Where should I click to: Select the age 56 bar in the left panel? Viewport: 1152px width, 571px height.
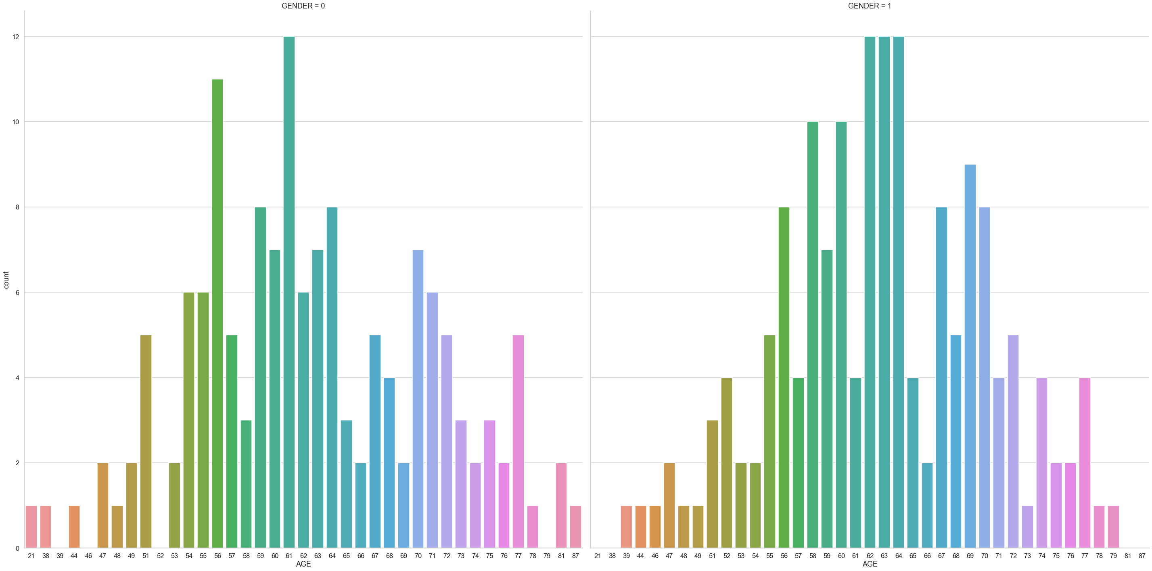tap(217, 313)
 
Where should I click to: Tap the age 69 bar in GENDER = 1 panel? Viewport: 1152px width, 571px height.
tap(970, 356)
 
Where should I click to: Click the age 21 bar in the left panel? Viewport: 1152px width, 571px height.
tap(31, 526)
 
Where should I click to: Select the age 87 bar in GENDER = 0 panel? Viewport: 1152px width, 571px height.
tap(575, 526)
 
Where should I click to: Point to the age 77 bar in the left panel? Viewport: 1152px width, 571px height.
tap(519, 441)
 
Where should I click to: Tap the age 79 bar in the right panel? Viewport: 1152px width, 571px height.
tap(1113, 526)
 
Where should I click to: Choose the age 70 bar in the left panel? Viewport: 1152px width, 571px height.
tap(418, 399)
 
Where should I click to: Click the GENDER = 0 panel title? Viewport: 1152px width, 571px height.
tap(303, 6)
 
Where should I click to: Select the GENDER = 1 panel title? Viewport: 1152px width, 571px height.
tap(870, 6)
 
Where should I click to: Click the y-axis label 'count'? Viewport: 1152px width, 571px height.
tap(6, 280)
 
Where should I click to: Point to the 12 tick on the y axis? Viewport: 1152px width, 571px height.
tap(16, 37)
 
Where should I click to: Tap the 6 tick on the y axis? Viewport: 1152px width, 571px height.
tap(17, 293)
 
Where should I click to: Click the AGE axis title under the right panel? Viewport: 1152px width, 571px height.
tap(870, 564)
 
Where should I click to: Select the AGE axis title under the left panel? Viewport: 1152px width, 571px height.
tap(303, 564)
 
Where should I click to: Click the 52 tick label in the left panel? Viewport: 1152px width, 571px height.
tap(160, 556)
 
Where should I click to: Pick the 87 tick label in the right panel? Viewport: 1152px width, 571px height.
tap(1142, 556)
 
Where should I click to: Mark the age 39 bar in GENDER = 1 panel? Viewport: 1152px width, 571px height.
tap(626, 526)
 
